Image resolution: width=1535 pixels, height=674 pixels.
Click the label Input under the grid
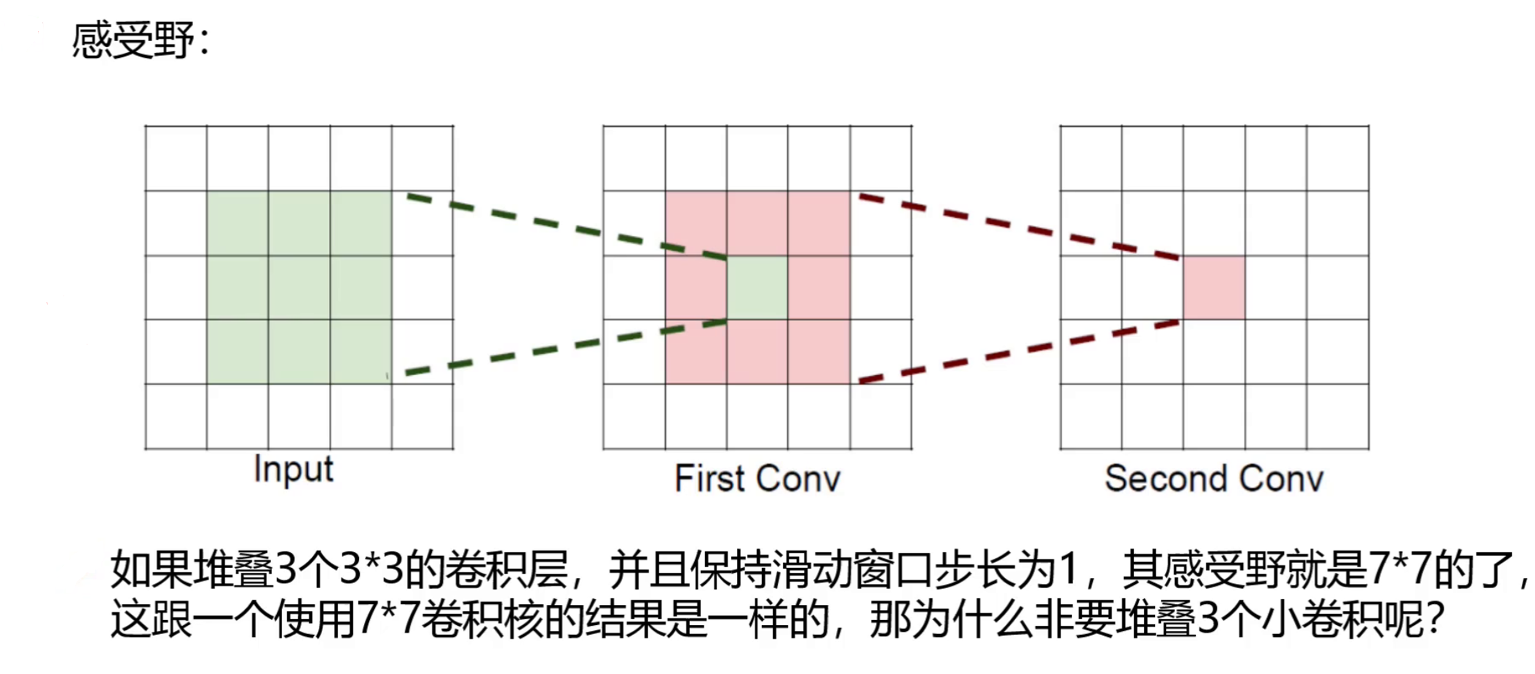pos(293,470)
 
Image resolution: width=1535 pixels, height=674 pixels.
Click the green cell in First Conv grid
pos(757,288)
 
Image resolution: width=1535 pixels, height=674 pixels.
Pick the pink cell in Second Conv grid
pos(1214,288)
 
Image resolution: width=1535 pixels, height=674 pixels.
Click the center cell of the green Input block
pos(299,288)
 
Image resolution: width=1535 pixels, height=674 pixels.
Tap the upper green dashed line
pos(566,227)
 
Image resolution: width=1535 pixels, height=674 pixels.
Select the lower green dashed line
pos(566,347)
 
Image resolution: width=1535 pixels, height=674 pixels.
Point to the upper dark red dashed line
pos(1019,227)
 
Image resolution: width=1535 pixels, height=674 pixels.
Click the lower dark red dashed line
pos(1019,350)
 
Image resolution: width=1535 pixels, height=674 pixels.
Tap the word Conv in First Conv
pos(799,479)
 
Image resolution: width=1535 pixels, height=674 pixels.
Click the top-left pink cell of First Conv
pos(696,223)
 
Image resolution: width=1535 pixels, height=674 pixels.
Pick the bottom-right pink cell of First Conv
pos(819,352)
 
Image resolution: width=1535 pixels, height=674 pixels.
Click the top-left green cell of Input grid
pos(237,223)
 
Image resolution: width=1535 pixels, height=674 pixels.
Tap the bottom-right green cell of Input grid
pos(361,352)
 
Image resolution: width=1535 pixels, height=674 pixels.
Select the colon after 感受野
pos(205,43)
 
